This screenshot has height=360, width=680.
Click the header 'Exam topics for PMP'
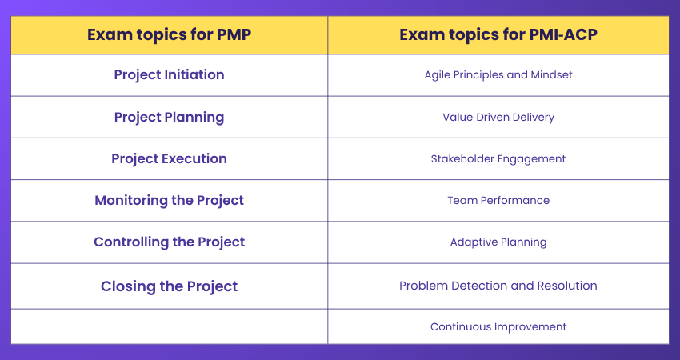tap(169, 34)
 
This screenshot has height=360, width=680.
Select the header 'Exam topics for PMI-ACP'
tap(498, 34)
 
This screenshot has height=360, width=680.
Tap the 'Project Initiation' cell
tap(169, 74)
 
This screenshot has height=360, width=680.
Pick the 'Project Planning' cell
tap(169, 117)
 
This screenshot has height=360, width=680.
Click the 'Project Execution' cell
tap(169, 158)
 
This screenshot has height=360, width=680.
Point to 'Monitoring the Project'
tap(169, 200)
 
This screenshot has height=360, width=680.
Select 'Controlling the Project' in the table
tap(169, 242)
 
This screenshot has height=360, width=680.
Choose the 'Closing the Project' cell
tap(169, 286)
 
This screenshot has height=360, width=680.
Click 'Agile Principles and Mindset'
tap(498, 75)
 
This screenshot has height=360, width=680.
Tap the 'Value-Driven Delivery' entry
tap(498, 117)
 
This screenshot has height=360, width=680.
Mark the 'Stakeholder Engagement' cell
tap(498, 158)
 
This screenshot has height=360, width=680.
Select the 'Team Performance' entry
tap(498, 200)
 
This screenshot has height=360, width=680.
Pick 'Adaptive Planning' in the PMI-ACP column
tap(498, 242)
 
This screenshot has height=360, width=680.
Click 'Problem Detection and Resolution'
tap(498, 286)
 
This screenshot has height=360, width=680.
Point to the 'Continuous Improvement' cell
tap(498, 326)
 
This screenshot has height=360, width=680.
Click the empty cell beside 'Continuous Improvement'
tap(169, 326)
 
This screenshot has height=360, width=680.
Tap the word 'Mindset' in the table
tap(551, 75)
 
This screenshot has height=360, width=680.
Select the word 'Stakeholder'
tap(462, 158)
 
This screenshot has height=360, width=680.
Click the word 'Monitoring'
tap(130, 200)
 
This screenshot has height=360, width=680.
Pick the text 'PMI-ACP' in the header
tap(561, 34)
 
